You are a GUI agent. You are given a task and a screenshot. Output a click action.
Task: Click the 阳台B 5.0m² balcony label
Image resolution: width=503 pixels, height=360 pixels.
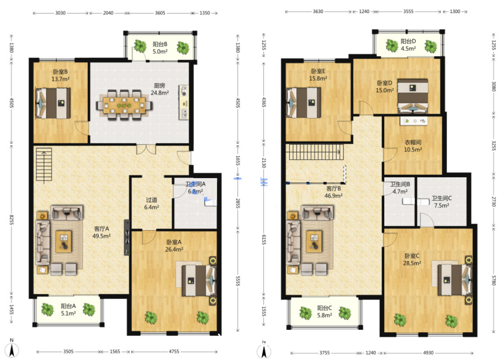pos(160,48)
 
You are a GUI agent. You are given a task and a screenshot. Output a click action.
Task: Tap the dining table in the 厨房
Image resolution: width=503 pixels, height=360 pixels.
pos(124,105)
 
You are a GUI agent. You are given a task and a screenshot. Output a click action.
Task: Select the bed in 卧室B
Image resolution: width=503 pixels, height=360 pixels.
pos(53,103)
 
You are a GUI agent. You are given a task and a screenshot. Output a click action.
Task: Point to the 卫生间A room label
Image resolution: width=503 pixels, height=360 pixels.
pos(195,184)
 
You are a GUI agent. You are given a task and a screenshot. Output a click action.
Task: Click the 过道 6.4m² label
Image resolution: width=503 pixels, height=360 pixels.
pos(152,204)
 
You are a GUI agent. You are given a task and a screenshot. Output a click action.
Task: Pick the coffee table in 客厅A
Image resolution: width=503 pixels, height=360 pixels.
pos(64,241)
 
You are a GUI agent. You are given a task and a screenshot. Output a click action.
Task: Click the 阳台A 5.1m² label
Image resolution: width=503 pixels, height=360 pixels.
pos(68,309)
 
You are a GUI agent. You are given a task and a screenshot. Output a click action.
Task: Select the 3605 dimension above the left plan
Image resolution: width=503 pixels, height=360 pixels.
pos(160,13)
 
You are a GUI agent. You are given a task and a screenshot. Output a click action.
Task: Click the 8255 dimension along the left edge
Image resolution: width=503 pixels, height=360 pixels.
pos(11,220)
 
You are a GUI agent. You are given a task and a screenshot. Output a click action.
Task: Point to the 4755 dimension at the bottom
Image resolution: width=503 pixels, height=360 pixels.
pos(174,352)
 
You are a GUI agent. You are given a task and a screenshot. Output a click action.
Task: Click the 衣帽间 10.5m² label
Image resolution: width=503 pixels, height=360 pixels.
pos(413,146)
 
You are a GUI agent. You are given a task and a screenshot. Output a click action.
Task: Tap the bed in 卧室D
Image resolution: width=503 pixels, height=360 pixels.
pos(413,96)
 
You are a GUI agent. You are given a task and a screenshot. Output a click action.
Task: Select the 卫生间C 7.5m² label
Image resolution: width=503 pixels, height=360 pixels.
pos(442,202)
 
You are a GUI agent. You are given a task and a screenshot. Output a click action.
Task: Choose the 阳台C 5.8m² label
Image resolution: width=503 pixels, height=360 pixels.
pos(325,311)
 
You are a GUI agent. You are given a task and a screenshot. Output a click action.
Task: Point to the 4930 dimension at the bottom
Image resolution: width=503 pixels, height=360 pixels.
pos(428,353)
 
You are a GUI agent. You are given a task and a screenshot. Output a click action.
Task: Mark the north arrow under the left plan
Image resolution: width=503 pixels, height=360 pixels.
pos(12,349)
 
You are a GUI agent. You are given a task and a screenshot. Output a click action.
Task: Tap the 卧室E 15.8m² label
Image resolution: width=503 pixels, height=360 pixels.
pos(318,75)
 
